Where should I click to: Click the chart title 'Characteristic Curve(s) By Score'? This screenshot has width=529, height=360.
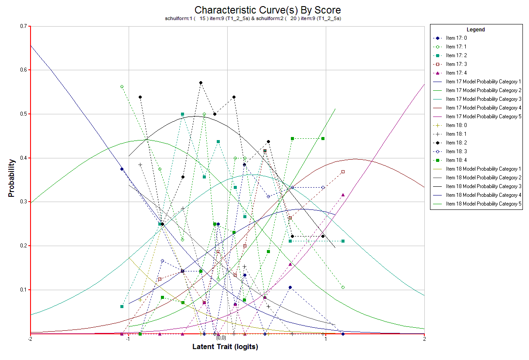coord(267,10)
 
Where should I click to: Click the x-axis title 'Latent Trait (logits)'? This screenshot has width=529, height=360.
coord(225,347)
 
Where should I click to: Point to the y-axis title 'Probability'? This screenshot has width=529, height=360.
coord(12,178)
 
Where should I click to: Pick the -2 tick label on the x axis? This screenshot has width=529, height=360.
coord(30,339)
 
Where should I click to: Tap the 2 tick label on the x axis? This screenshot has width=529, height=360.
coord(424,339)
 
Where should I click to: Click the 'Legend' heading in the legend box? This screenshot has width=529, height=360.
coord(476,30)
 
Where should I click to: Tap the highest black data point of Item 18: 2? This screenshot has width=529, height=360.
coord(201,82)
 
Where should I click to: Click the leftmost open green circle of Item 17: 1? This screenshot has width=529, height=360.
coord(122,86)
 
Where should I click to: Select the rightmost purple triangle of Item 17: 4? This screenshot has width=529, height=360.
coord(343,195)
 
